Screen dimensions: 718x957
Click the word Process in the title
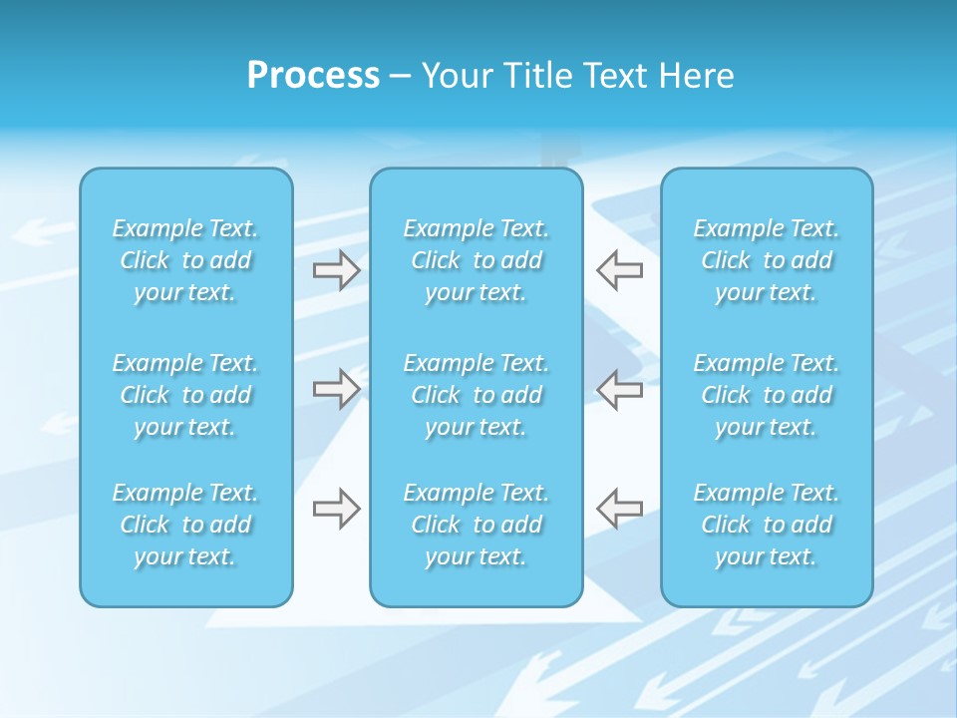click(x=313, y=76)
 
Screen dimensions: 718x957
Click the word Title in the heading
click(x=543, y=76)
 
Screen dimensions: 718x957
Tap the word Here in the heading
click(x=696, y=76)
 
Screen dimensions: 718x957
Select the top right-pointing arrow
click(x=336, y=270)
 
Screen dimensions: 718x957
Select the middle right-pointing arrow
click(x=336, y=389)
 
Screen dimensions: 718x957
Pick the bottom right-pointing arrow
click(x=336, y=509)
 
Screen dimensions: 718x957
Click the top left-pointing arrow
click(x=620, y=270)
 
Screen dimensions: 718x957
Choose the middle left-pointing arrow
click(x=620, y=389)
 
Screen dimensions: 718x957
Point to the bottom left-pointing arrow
click(x=620, y=509)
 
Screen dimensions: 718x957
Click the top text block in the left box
click(x=185, y=260)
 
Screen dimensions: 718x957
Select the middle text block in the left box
click(x=185, y=395)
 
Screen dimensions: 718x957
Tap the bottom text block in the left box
click(x=185, y=525)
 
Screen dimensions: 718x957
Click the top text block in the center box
click(x=476, y=260)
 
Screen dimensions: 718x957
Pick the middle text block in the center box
click(x=476, y=395)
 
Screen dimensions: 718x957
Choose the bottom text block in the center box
click(x=476, y=525)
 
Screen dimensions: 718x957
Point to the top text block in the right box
click(x=766, y=260)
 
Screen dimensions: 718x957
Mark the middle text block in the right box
click(x=766, y=395)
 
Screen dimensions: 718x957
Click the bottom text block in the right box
click(x=766, y=525)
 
